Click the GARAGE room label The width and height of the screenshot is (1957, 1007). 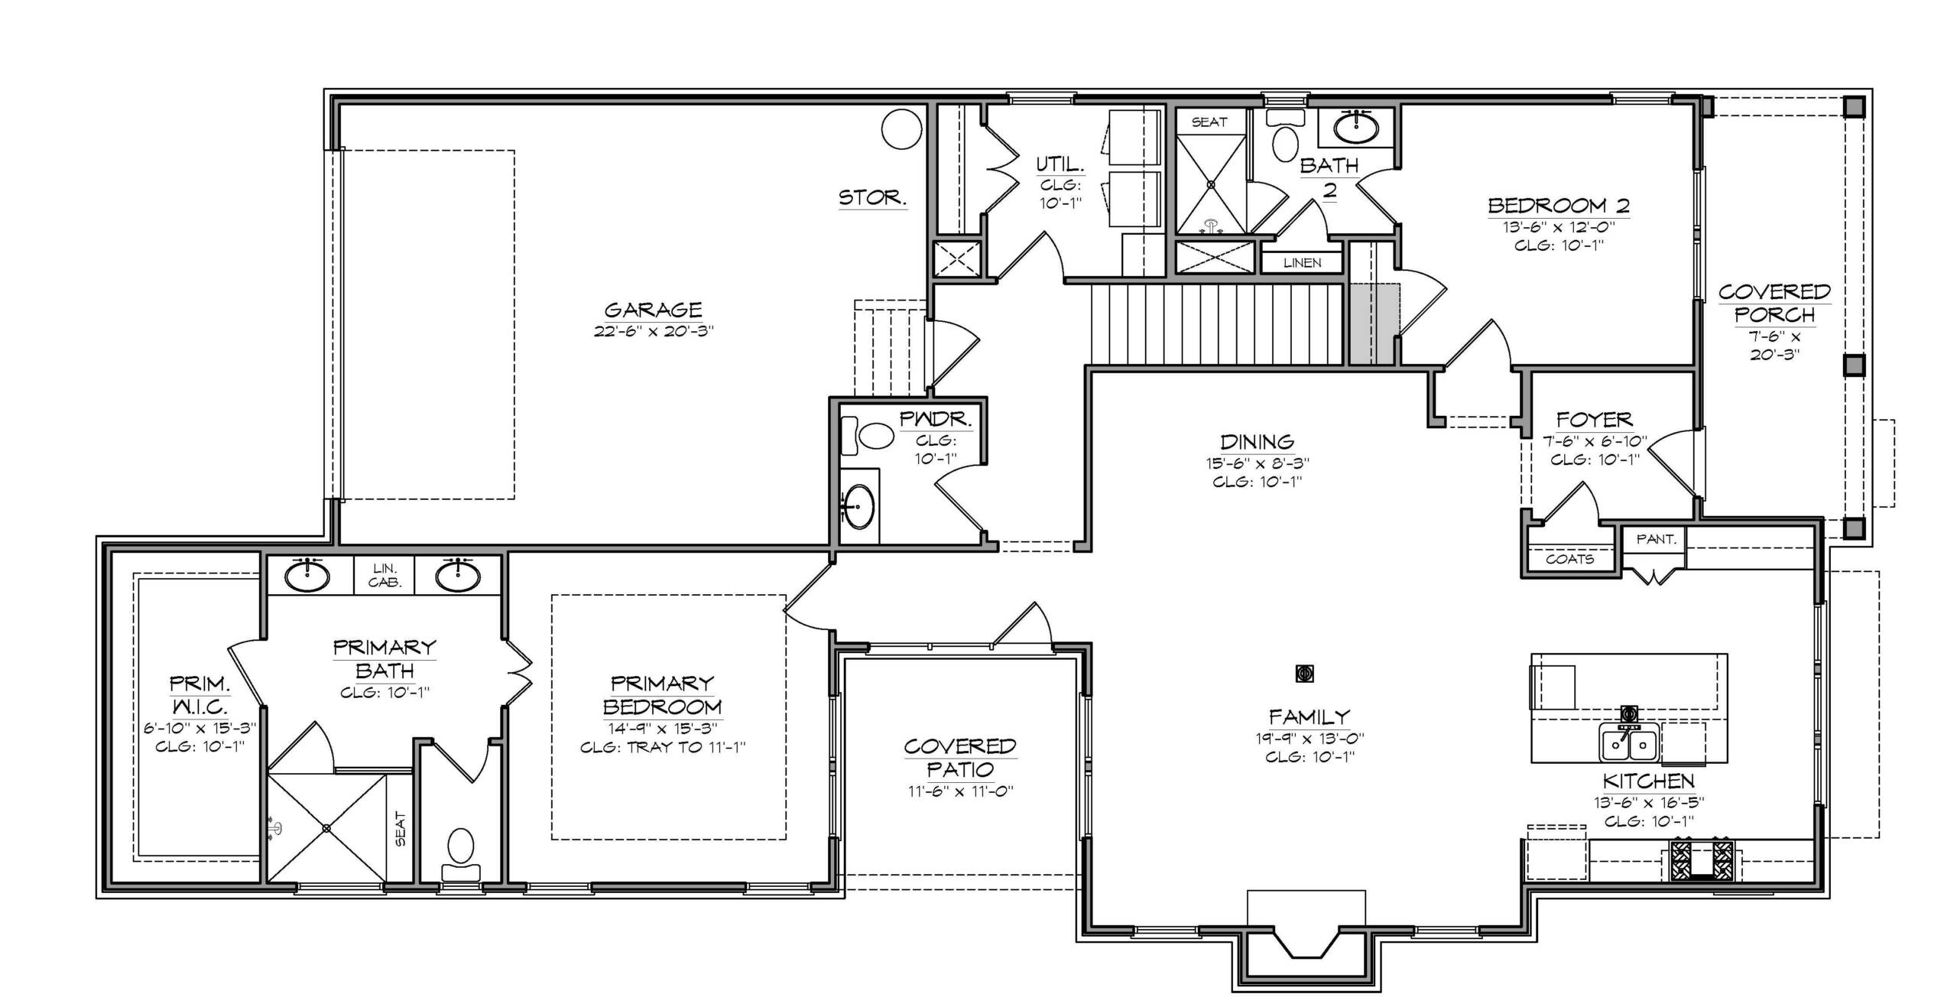pos(653,310)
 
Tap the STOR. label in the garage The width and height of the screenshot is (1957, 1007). pos(873,198)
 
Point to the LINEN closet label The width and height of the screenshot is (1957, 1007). pos(1302,263)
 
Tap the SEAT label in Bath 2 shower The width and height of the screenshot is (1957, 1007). pos(1209,122)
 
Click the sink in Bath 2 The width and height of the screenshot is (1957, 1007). pos(1356,128)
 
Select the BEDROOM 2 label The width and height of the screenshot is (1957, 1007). pos(1558,206)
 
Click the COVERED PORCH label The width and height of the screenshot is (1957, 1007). pos(1774,304)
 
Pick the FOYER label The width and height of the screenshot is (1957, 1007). pos(1594,420)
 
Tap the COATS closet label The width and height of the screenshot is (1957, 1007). pos(1569,559)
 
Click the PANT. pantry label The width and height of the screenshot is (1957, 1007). pos(1656,539)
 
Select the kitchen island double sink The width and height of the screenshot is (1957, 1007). pos(1629,743)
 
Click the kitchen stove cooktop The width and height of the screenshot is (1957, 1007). pos(1702,861)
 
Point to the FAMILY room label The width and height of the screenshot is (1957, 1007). pos(1310,717)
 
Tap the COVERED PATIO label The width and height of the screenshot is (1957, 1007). pos(960,758)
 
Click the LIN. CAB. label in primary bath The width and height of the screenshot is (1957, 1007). pos(385,575)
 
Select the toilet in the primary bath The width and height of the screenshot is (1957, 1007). pos(461,855)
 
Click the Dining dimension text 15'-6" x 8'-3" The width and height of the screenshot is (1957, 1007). pos(1258,463)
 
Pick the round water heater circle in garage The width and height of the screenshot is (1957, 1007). pos(901,129)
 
